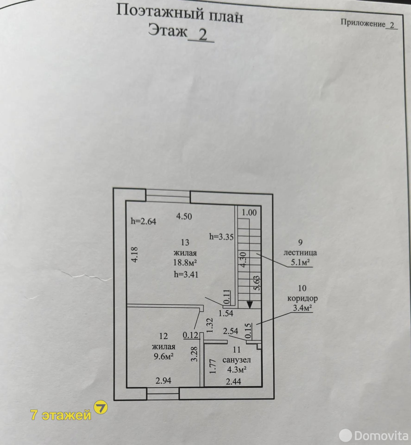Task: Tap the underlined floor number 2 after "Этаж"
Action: click(x=203, y=35)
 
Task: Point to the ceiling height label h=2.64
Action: click(x=143, y=221)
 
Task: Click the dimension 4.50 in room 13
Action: click(x=184, y=216)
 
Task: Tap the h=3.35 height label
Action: click(x=221, y=237)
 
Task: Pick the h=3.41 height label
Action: click(x=186, y=275)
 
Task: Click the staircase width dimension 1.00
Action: click(x=249, y=212)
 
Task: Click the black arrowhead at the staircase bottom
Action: click(x=250, y=305)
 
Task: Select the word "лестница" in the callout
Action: click(x=300, y=253)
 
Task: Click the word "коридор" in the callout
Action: click(x=302, y=298)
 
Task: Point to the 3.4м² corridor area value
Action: click(x=302, y=308)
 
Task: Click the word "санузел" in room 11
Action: click(x=237, y=360)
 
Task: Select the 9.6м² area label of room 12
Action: click(x=164, y=356)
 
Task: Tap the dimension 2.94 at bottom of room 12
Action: click(x=163, y=381)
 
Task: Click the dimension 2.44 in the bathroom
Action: click(x=233, y=382)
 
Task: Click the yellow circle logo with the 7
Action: click(x=101, y=407)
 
